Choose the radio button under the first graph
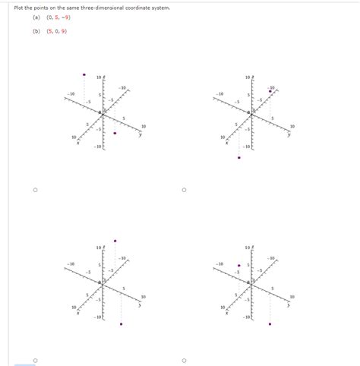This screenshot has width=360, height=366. point(34,191)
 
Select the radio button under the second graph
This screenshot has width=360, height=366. point(184,191)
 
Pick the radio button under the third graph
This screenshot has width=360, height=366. point(34,359)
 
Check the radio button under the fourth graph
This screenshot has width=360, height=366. point(184,359)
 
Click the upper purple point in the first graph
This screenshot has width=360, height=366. point(84,74)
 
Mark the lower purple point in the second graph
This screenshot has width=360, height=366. point(239,158)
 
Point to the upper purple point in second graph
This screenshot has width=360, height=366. point(270,90)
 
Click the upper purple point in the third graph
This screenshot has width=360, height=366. point(115,241)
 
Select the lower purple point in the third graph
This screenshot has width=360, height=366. point(121,324)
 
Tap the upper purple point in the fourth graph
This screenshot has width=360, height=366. point(238,266)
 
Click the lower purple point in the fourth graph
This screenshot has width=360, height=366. point(270,324)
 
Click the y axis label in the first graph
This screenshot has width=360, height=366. point(140,134)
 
